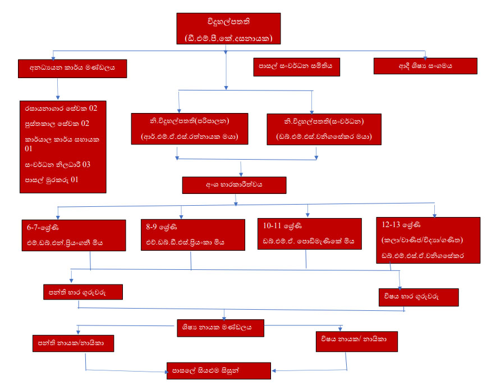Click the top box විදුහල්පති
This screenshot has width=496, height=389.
[228, 29]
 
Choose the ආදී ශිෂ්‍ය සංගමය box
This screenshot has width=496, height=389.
[425, 66]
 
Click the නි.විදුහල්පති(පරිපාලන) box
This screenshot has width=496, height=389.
[189, 128]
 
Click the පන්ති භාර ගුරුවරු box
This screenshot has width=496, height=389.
[82, 293]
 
